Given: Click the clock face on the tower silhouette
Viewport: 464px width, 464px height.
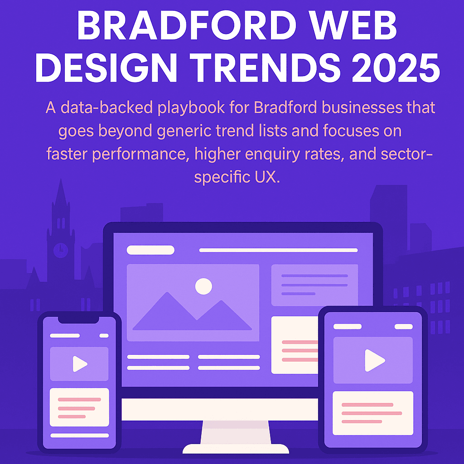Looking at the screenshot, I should [60, 249].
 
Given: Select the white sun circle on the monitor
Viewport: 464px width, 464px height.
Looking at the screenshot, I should [203, 286].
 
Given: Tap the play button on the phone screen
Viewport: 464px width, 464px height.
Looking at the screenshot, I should [80, 363].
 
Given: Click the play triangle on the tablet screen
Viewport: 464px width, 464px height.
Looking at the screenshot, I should [374, 360].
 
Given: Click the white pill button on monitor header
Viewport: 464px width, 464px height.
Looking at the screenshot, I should [150, 250].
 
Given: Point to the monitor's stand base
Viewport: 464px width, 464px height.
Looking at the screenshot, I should [236, 448].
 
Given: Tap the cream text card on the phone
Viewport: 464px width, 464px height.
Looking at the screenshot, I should [79, 407].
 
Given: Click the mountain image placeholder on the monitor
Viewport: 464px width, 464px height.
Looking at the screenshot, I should [193, 303].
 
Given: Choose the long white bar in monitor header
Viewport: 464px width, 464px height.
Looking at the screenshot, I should [278, 250].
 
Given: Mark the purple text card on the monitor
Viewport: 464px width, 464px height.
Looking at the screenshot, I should [314, 285].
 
